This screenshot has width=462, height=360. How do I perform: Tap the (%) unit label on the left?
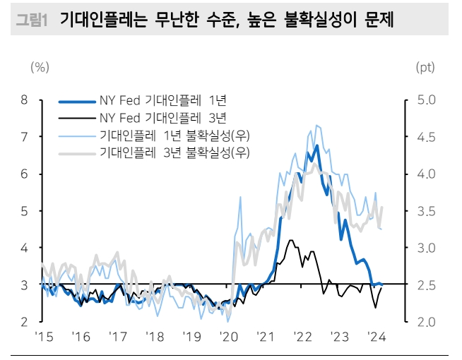pyautogui.click(x=40, y=68)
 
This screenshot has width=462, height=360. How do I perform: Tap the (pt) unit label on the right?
pyautogui.click(x=425, y=68)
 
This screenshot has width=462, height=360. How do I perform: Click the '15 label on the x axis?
pyautogui.click(x=45, y=337)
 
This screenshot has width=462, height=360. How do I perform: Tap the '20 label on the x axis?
pyautogui.click(x=227, y=337)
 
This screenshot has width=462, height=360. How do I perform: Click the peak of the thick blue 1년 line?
pyautogui.click(x=317, y=145)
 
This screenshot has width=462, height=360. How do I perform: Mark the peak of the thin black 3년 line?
pyautogui.click(x=290, y=240)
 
